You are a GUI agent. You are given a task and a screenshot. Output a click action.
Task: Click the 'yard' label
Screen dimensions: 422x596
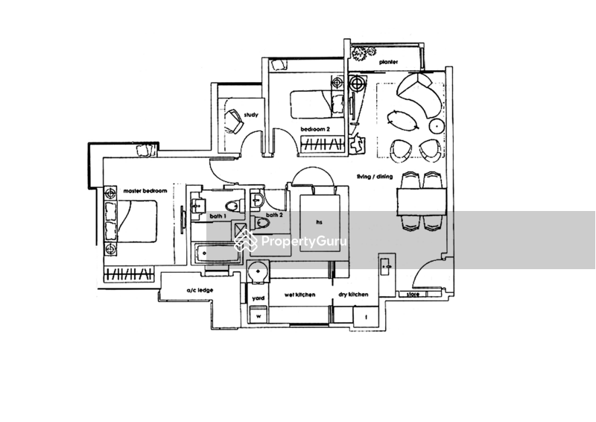[x=256, y=296]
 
